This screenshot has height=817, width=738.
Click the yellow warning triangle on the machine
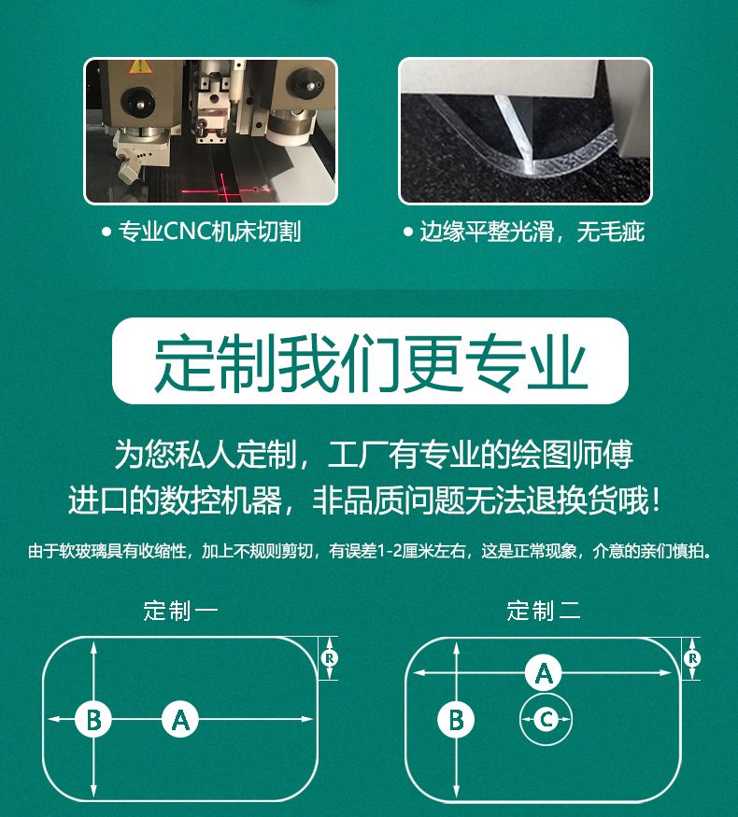140,66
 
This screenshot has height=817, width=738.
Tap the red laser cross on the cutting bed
224,190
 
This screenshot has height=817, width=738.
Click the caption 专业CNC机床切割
209,232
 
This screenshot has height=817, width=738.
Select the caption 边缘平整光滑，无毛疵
532,232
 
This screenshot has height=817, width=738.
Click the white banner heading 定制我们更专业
370,361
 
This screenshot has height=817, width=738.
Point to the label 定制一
180,611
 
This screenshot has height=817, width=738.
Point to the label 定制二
544,611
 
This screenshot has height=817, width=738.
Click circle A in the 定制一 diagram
180,720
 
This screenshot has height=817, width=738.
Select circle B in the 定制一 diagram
93,720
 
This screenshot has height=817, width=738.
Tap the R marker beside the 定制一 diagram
330,658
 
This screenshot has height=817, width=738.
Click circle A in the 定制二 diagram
544,672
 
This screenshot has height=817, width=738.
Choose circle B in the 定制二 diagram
456,720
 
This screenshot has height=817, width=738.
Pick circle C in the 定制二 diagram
546,720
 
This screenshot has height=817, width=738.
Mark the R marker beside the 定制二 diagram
692,658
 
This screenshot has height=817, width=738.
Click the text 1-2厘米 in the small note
407,551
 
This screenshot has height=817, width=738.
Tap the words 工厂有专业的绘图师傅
480,454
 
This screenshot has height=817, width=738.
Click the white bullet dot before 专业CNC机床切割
106,232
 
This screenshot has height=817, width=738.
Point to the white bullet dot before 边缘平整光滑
408,232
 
